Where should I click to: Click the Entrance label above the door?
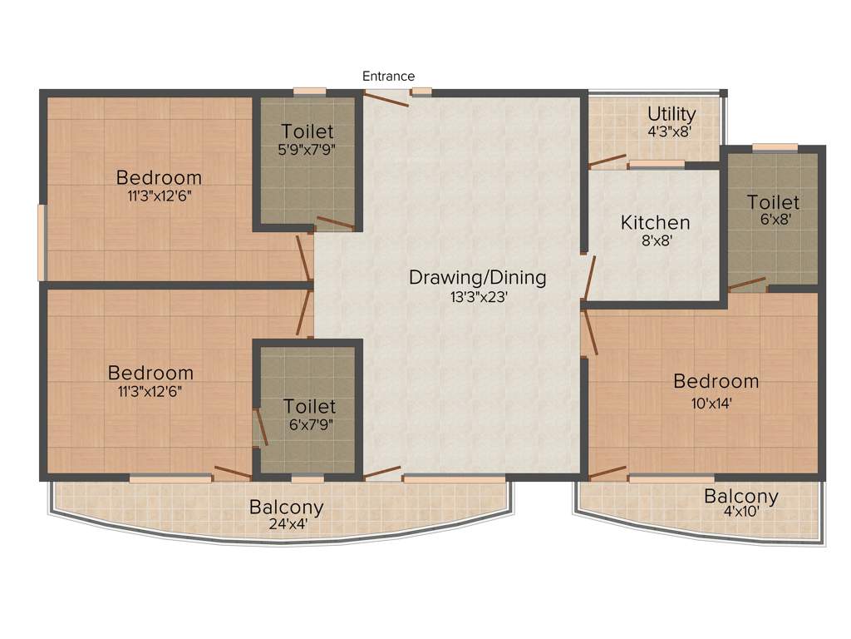coord(388,77)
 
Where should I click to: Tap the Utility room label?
coord(671,113)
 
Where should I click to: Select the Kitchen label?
coord(656,223)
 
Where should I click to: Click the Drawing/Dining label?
coord(477,277)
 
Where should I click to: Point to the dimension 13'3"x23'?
coord(477,296)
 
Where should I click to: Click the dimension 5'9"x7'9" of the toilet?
coord(307,150)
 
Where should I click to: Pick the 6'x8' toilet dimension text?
coord(773,220)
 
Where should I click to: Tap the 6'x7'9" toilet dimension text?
coord(309,424)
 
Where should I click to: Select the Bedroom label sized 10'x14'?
coord(716,382)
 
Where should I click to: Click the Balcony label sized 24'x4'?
coord(287,507)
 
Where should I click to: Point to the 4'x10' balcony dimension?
coord(741,513)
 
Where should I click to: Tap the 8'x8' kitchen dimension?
coord(656,241)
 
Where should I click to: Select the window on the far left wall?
coord(42,242)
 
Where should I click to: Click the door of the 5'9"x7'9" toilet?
coord(335,222)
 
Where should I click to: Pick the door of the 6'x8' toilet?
coord(748,284)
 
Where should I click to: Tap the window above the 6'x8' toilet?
coord(775,148)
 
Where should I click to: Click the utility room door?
coord(608,160)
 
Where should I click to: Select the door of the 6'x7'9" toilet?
coord(261,427)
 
